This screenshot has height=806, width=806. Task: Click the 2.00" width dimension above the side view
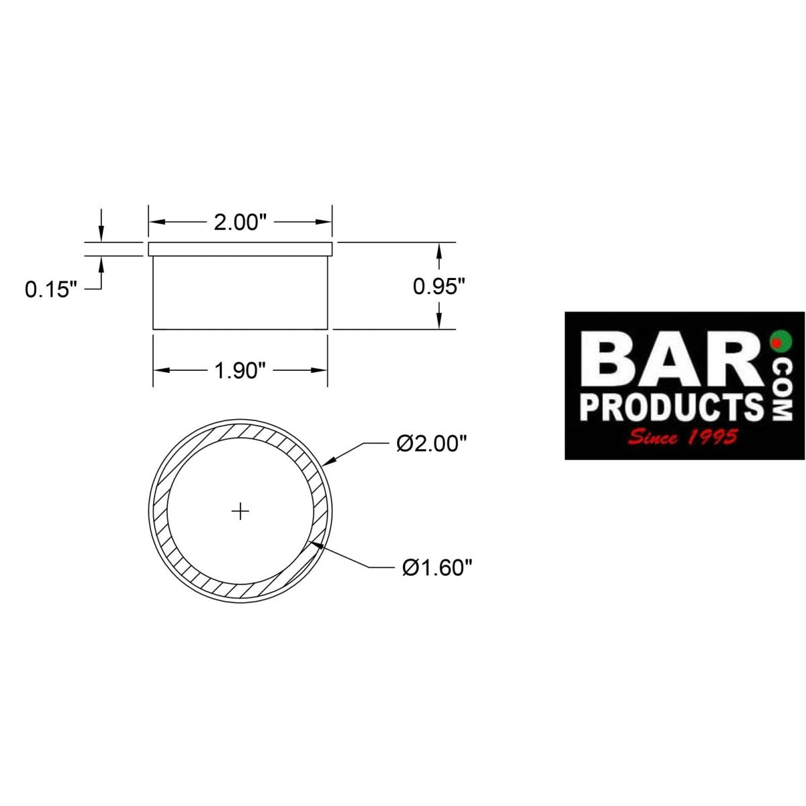[240, 222]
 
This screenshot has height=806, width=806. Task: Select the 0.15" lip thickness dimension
[51, 289]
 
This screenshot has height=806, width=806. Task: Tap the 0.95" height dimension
[439, 287]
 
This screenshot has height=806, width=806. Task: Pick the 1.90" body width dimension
[240, 370]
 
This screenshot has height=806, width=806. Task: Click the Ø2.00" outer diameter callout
[431, 444]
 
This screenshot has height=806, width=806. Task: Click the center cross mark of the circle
[240, 512]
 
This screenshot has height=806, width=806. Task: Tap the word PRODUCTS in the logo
[672, 406]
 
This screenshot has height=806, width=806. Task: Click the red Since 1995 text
[682, 437]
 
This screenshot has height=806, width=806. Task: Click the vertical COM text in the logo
[782, 390]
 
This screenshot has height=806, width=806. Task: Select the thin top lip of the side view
[240, 249]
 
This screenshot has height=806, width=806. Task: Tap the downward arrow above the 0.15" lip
[101, 235]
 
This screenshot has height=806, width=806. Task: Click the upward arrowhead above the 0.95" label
[439, 250]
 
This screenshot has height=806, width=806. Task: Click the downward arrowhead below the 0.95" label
[439, 322]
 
